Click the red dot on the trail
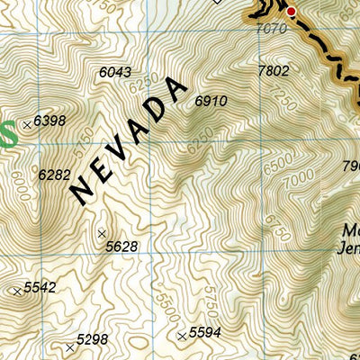pyautogui.click(x=291, y=11)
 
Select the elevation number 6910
pyautogui.click(x=211, y=102)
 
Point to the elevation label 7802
pyautogui.click(x=273, y=70)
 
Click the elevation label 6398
pyautogui.click(x=50, y=121)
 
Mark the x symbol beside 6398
pyautogui.click(x=27, y=122)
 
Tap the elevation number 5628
pyautogui.click(x=121, y=247)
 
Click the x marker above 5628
pyautogui.click(x=101, y=233)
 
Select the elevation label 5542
pyautogui.click(x=40, y=287)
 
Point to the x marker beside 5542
pyautogui.click(x=17, y=291)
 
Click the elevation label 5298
pyautogui.click(x=93, y=339)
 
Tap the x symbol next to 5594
pyautogui.click(x=182, y=336)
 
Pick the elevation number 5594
pyautogui.click(x=205, y=332)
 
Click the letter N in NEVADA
pyautogui.click(x=81, y=191)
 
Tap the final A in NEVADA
pyautogui.click(x=179, y=90)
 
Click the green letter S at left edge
pyautogui.click(x=7, y=135)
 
